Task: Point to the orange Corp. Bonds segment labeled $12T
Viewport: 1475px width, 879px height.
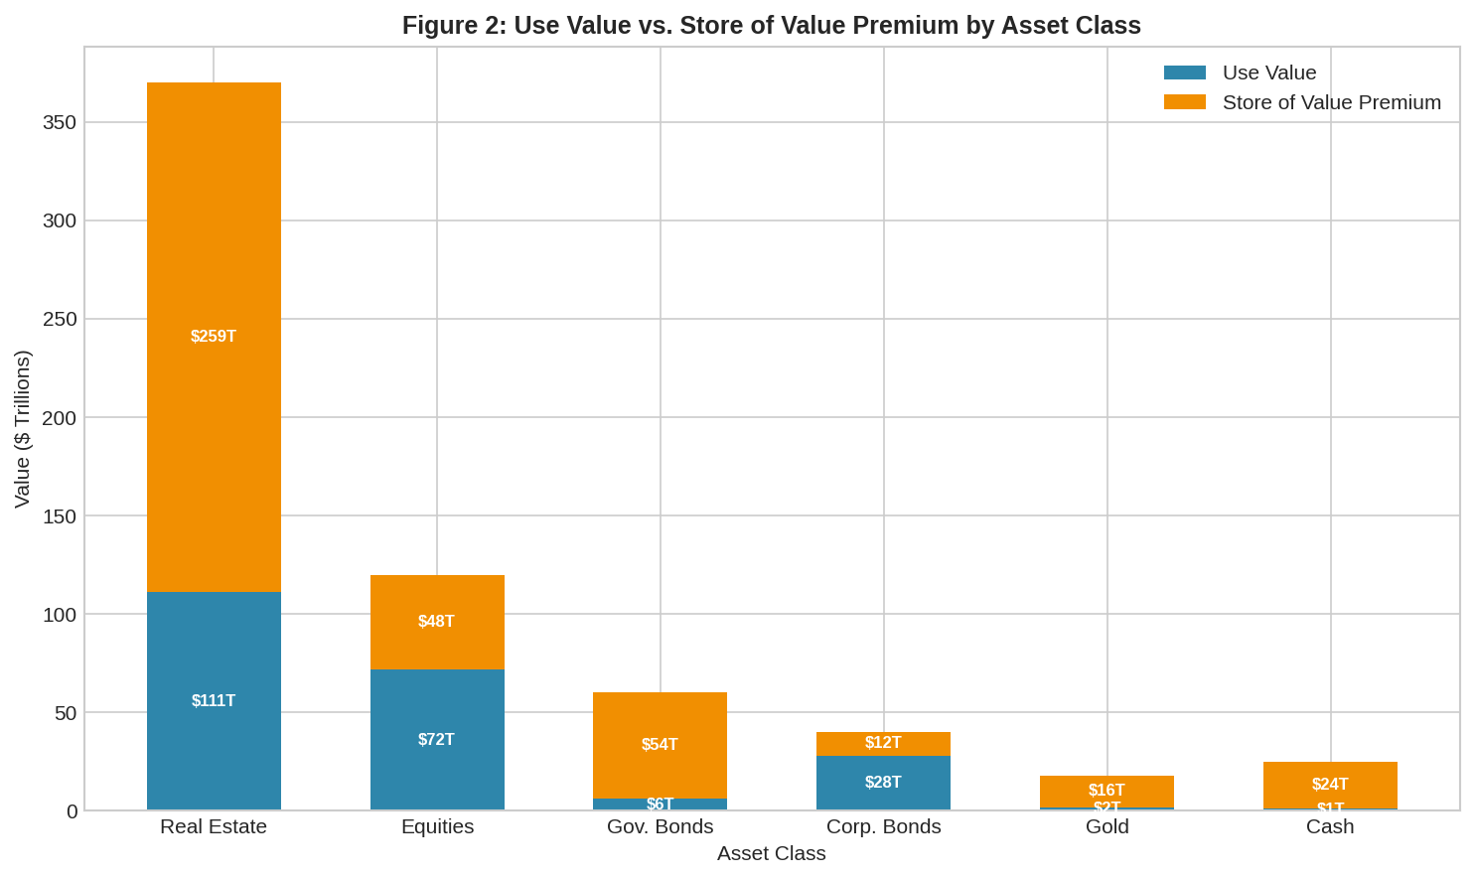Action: coord(883,743)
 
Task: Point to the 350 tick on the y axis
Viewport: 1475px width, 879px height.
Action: coord(60,123)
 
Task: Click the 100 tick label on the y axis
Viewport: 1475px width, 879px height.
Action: coord(60,615)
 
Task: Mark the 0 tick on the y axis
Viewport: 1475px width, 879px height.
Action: coord(72,811)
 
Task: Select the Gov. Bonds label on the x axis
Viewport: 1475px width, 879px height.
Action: coord(660,826)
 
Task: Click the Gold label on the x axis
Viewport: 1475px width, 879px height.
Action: coord(1106,826)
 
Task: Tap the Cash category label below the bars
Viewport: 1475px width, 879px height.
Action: coord(1330,826)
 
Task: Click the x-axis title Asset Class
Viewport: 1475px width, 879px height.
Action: coord(771,853)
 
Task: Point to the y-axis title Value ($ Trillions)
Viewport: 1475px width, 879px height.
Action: coord(22,429)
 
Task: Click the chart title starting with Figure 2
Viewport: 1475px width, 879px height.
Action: coord(771,25)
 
